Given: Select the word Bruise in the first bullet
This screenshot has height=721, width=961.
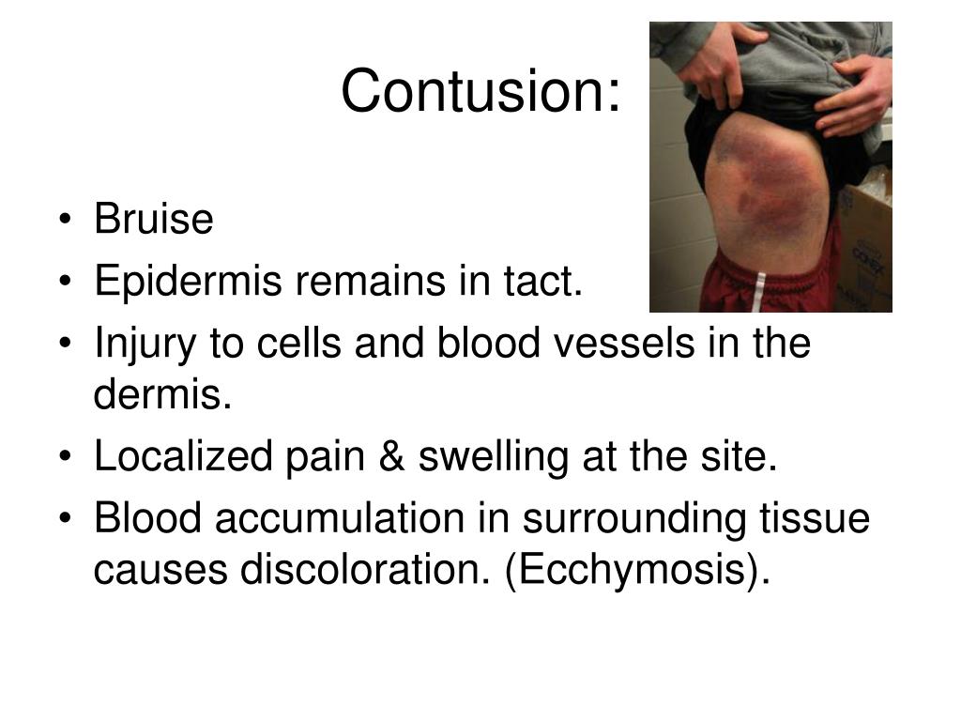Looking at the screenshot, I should [x=154, y=221].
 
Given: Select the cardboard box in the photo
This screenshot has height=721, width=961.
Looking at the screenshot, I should [x=868, y=235].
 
